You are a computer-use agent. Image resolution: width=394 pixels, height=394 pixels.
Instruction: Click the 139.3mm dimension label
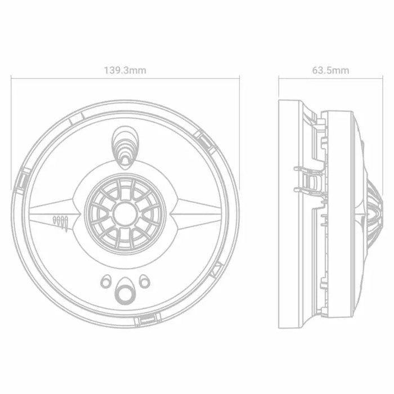[x=125, y=70]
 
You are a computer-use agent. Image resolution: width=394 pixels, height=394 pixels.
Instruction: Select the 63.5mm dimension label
[x=330, y=70]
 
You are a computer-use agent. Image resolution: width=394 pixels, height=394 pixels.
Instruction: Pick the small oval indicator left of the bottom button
[x=106, y=280]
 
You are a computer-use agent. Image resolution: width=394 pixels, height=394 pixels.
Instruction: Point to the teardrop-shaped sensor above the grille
[x=124, y=144]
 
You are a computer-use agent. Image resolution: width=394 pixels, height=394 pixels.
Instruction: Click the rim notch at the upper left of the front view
[x=79, y=116]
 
